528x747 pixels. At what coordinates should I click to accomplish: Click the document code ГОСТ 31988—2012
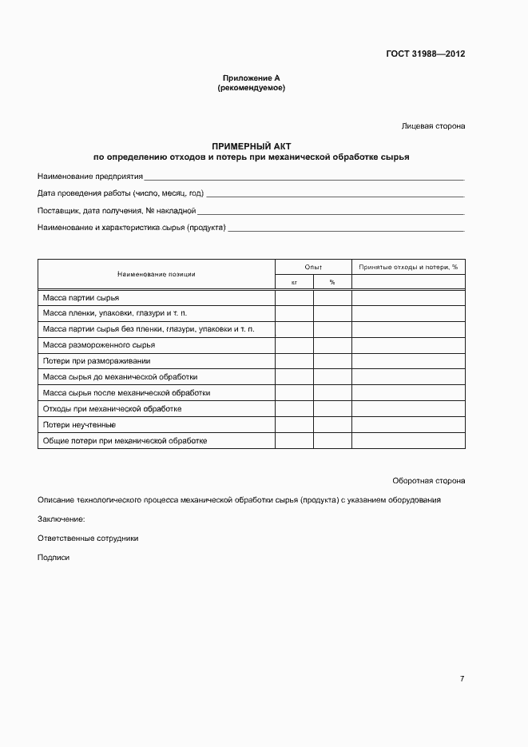(425, 54)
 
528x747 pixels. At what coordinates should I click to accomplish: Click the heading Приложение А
(251, 78)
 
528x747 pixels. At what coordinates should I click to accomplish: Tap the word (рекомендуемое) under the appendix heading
(251, 88)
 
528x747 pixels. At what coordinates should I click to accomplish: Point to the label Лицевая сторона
(433, 126)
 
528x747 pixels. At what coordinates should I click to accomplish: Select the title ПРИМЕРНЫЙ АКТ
(251, 147)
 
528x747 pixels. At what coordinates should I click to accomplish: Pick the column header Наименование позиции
(157, 274)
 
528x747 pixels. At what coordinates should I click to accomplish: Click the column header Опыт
(313, 267)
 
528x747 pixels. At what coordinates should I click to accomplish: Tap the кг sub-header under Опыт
(294, 282)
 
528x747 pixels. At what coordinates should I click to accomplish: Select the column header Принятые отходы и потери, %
(408, 267)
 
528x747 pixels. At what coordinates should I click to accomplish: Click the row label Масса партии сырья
(81, 297)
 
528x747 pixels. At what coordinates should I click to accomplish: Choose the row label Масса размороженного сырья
(99, 345)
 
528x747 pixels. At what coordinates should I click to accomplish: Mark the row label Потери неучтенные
(79, 425)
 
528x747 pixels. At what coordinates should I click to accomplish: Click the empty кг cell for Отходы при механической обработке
(294, 409)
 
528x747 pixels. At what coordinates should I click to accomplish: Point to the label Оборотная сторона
(429, 481)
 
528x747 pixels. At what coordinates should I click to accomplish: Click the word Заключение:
(62, 519)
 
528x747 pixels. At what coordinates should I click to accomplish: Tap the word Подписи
(54, 558)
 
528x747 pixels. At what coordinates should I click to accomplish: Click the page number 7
(462, 679)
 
